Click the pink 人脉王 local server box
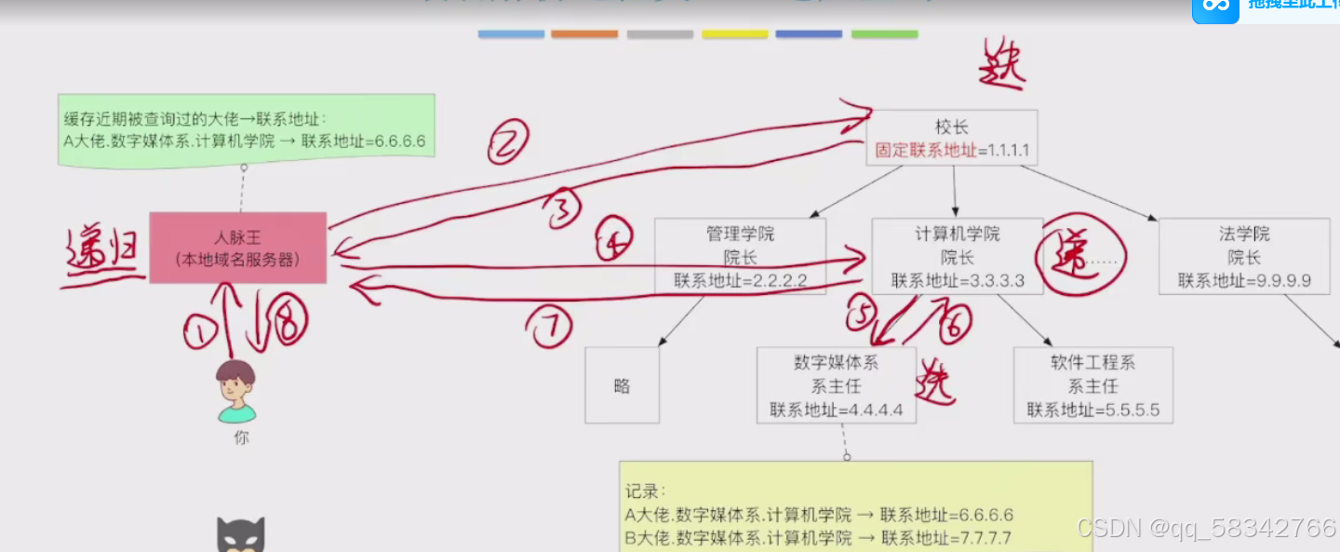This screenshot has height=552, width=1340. click(x=237, y=248)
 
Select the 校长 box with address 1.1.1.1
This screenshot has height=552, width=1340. click(x=951, y=138)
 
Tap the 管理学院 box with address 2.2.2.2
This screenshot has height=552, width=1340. click(x=740, y=256)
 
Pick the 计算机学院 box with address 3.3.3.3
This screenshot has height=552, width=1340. click(x=957, y=256)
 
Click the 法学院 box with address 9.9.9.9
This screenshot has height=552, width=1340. click(x=1243, y=256)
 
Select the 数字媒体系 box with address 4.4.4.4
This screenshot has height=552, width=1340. click(x=836, y=385)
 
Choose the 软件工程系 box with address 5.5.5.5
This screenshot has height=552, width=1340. click(x=1092, y=385)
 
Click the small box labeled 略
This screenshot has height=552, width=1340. click(x=622, y=385)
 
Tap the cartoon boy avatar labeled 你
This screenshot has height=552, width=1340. click(x=235, y=391)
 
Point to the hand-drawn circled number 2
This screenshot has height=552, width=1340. click(x=508, y=143)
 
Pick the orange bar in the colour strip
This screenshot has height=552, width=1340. click(x=583, y=34)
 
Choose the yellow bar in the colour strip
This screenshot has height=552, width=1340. click(x=734, y=34)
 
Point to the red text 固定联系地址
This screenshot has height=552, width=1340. click(x=926, y=150)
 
